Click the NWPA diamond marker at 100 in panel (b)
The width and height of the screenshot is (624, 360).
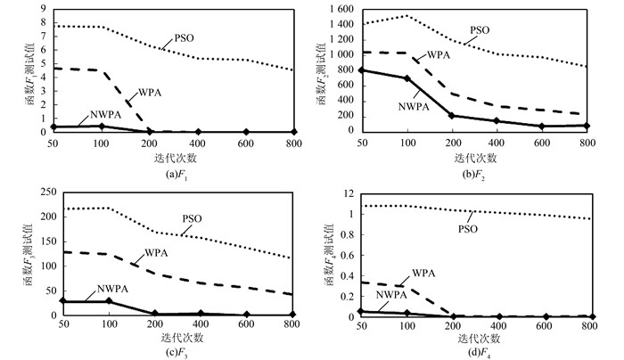point(406,78)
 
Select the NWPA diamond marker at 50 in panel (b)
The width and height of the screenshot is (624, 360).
point(361,70)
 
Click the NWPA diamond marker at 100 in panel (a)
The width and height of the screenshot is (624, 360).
point(102,126)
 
